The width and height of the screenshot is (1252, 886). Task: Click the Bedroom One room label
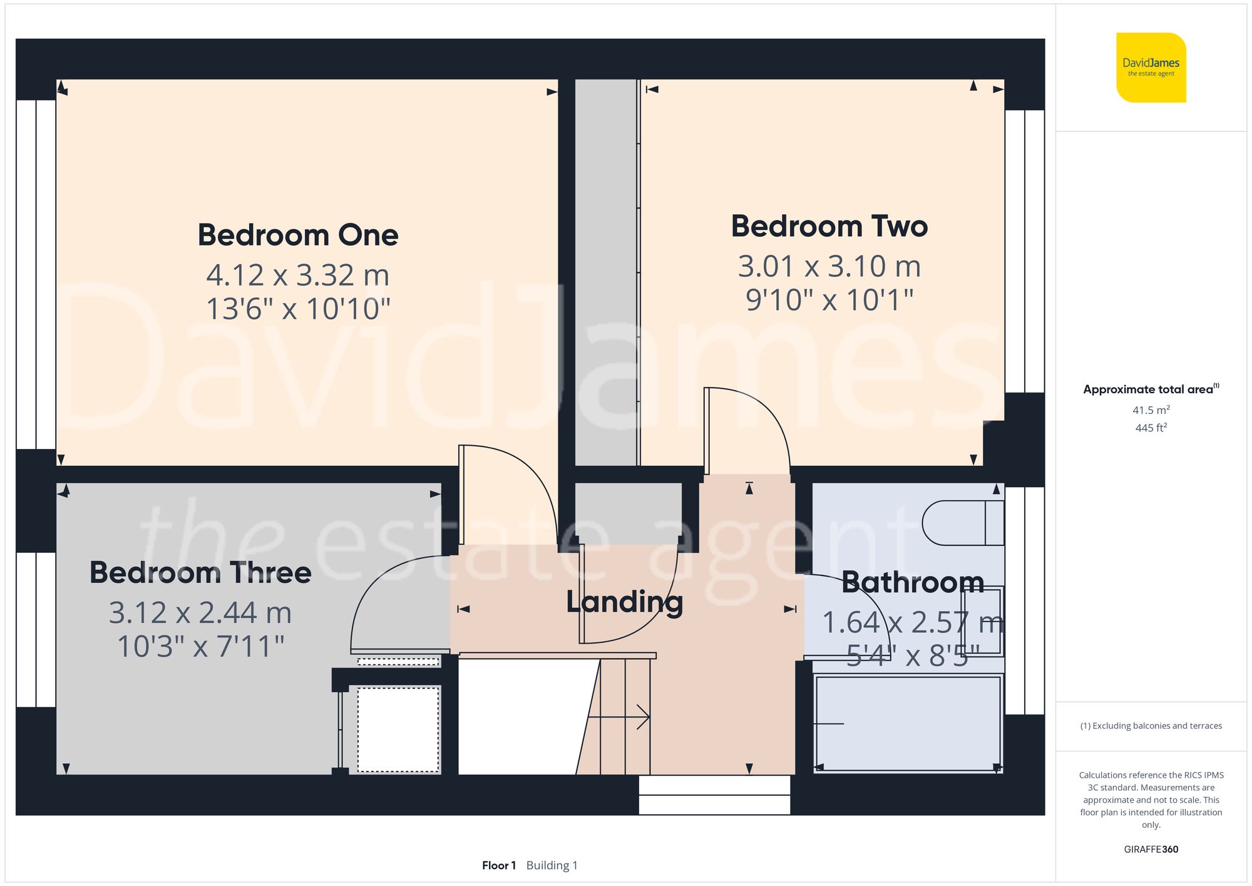(298, 235)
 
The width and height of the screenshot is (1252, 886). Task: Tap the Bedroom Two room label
(829, 227)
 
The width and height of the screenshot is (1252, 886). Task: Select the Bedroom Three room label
(200, 573)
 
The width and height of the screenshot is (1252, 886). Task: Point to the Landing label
(624, 602)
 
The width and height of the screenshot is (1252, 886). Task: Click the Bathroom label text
(912, 583)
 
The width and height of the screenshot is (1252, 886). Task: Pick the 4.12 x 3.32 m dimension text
(298, 276)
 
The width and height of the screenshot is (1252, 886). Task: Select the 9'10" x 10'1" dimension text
(829, 301)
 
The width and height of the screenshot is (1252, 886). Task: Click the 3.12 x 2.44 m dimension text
(200, 613)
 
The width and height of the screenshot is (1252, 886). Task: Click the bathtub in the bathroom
(908, 723)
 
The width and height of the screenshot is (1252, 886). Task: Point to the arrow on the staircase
(642, 717)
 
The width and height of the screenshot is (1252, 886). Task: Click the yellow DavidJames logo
(1151, 68)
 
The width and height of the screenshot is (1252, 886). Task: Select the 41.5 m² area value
(1151, 410)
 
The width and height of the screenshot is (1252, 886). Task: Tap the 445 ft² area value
(1151, 428)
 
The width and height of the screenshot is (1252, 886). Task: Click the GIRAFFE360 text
(1151, 850)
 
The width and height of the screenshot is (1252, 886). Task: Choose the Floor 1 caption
(499, 865)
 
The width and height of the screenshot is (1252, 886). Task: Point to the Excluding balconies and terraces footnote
(1151, 726)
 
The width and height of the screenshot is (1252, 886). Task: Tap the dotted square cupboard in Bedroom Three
(398, 729)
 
